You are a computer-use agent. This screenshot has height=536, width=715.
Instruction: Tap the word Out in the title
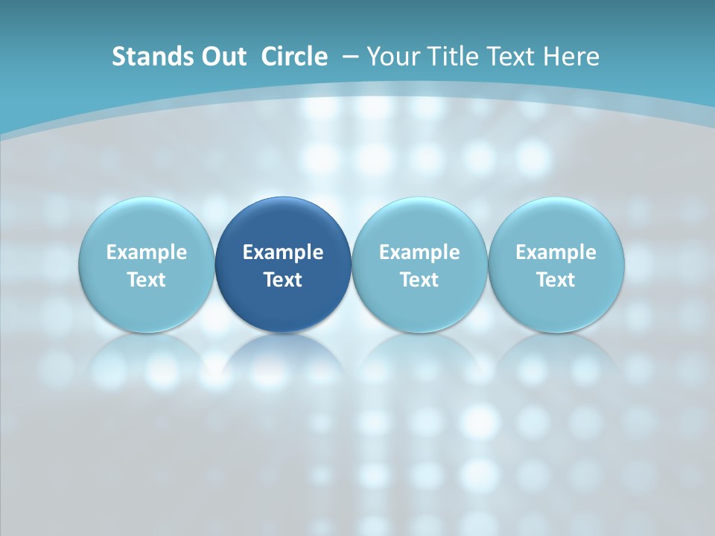pyautogui.click(x=221, y=57)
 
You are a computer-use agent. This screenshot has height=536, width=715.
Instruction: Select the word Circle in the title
pyautogui.click(x=294, y=57)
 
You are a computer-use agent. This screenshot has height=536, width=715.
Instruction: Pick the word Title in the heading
pyautogui.click(x=447, y=57)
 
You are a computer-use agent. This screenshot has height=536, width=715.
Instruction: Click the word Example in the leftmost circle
pyautogui.click(x=146, y=252)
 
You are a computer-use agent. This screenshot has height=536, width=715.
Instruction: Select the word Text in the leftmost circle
pyautogui.click(x=146, y=280)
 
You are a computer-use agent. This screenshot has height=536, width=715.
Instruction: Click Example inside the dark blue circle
pyautogui.click(x=283, y=252)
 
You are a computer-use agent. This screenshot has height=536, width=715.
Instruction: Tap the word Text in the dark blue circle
pyautogui.click(x=283, y=280)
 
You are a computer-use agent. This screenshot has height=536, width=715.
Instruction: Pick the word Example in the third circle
pyautogui.click(x=419, y=252)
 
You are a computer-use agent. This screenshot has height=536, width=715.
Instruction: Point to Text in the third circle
pyautogui.click(x=419, y=280)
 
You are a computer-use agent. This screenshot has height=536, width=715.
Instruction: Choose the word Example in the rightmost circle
pyautogui.click(x=556, y=252)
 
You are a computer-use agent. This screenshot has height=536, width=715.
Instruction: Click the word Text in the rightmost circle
pyautogui.click(x=556, y=280)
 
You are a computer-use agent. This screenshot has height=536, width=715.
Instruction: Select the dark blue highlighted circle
pyautogui.click(x=283, y=223)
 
